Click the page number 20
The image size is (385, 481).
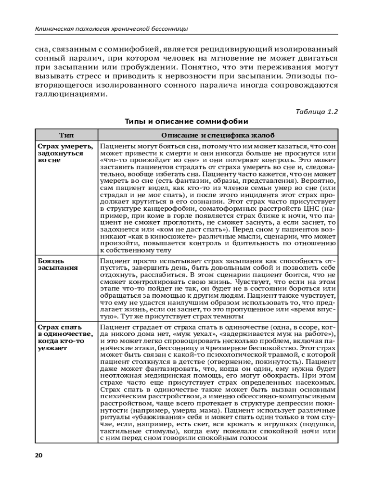[x=38, y=455]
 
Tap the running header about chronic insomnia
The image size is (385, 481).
[x=111, y=29]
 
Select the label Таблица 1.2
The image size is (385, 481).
[x=317, y=112]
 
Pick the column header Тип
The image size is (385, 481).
[x=66, y=135]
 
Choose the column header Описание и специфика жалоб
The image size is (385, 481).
[x=218, y=135]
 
